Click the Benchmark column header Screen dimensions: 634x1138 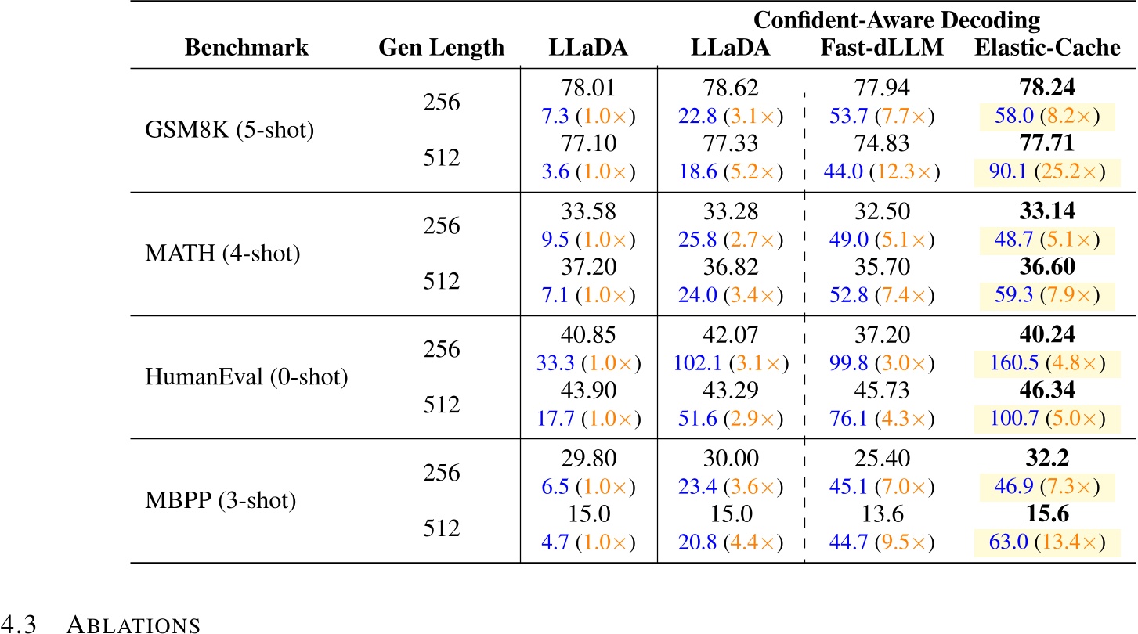[x=247, y=49]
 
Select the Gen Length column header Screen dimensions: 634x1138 [x=442, y=49]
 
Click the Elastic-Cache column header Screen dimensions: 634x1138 [x=1047, y=49]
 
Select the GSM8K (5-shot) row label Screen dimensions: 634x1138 [x=230, y=129]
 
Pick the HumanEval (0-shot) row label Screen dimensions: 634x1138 [x=247, y=376]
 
